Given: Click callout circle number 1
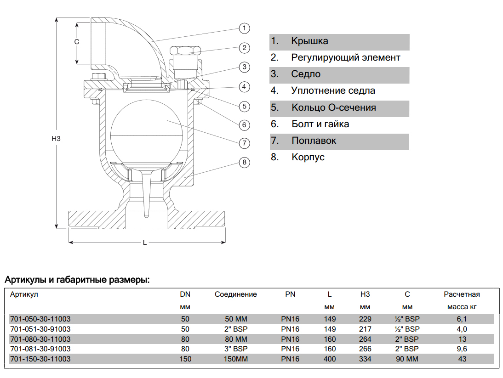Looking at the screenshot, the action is [245, 28].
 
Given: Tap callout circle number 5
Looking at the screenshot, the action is [245, 107].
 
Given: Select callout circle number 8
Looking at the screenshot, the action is [245, 163].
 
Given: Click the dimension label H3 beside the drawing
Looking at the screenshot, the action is [56, 139].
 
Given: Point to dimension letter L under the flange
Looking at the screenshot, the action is [145, 243].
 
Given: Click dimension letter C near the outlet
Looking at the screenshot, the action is [77, 42].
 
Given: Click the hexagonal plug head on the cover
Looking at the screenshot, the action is [185, 51].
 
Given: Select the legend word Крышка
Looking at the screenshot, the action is [309, 41].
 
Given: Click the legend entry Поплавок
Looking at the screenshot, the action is [314, 141].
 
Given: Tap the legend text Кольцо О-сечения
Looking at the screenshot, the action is [334, 107].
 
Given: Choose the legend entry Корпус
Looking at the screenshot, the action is [308, 157].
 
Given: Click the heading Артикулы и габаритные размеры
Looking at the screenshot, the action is [77, 280].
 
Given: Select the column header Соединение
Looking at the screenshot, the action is [236, 294].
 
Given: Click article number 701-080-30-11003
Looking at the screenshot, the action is [40, 339].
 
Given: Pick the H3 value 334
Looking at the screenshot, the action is [365, 359].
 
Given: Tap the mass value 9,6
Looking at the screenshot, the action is [462, 349].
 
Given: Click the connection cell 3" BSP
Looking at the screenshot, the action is [236, 349].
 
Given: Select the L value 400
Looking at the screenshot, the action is [330, 359].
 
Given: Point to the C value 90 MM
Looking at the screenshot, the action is [407, 359].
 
